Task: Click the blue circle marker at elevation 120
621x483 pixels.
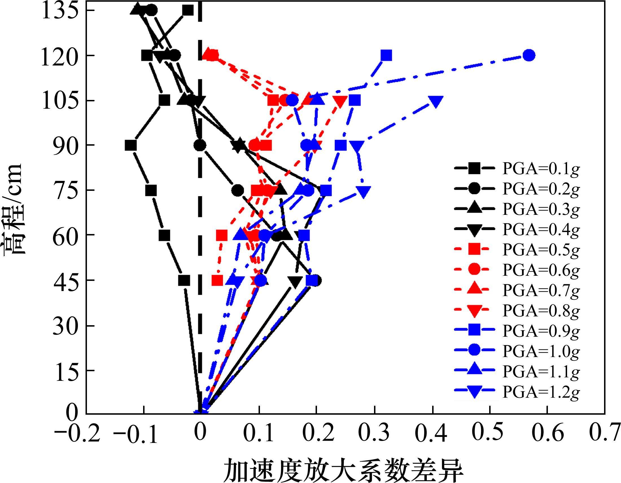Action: pyautogui.click(x=529, y=55)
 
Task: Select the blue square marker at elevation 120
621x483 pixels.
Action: pyautogui.click(x=386, y=55)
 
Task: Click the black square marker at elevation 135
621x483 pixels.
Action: pyautogui.click(x=188, y=10)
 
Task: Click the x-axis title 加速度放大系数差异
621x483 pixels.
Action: pyautogui.click(x=344, y=470)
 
